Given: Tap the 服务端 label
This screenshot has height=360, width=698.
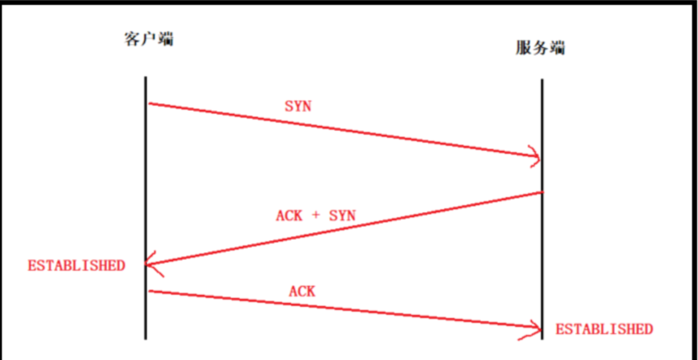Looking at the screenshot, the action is [540, 48].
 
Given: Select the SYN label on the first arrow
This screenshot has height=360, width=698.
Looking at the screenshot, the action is [298, 106].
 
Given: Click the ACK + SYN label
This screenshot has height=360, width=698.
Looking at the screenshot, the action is [315, 215].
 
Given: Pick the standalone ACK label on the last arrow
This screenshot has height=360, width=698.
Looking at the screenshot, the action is [302, 292].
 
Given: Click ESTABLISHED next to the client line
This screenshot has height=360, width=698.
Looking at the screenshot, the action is [76, 265].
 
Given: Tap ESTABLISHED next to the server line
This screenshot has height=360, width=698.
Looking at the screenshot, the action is [604, 329].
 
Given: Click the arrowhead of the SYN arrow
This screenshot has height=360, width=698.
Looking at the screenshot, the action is [536, 157].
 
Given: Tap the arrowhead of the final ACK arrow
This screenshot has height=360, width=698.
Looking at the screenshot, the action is [536, 329].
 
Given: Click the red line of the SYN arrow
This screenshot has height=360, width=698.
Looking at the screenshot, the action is [342, 131].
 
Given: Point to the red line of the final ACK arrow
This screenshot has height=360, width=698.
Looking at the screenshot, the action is [342, 309].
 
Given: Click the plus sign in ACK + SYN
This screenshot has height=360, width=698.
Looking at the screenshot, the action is [315, 215].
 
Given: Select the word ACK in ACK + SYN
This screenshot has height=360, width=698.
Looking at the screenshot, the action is [289, 215].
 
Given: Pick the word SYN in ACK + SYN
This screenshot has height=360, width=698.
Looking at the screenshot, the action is [342, 215].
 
